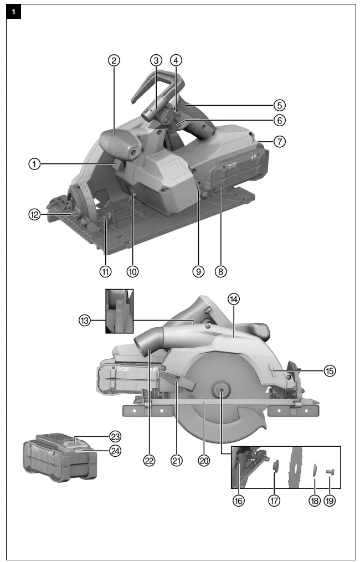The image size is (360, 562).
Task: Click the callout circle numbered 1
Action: click(34, 163)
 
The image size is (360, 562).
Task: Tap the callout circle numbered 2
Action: click(114, 61)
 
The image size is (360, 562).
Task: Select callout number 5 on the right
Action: click(280, 104)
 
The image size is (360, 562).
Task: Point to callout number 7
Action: click(280, 141)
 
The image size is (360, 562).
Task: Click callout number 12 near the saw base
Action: click(34, 215)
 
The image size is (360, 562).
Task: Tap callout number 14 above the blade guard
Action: click(234, 298)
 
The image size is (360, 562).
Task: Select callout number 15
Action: click(330, 371)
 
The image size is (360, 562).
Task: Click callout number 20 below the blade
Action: click(204, 460)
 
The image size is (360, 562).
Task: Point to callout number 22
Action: click(149, 460)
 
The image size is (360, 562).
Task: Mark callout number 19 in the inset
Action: click(330, 500)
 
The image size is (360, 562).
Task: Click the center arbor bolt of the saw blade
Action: click(221, 391)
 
